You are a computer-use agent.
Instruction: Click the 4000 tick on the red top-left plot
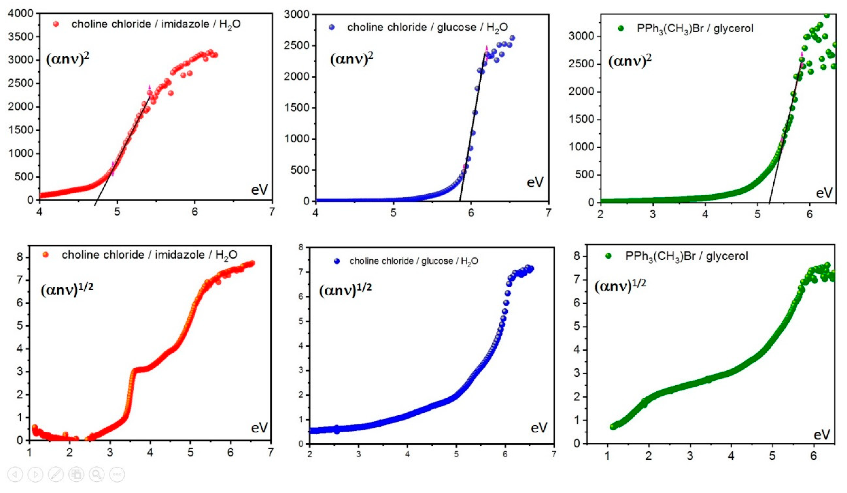click(x=21, y=13)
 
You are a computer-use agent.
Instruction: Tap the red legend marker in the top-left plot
click(x=56, y=24)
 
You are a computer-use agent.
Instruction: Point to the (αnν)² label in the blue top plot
click(x=351, y=58)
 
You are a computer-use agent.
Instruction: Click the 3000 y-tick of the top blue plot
click(x=297, y=14)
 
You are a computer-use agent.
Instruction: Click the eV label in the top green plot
click(x=824, y=193)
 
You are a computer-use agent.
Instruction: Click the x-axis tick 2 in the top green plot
click(x=600, y=214)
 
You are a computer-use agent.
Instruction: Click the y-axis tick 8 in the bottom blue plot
click(x=301, y=248)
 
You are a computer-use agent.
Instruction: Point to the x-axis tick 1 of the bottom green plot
click(x=607, y=456)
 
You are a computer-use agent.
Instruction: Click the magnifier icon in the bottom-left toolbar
click(x=96, y=475)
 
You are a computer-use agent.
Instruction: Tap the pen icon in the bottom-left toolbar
click(x=56, y=475)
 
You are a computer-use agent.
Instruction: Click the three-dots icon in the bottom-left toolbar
click(x=117, y=475)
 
